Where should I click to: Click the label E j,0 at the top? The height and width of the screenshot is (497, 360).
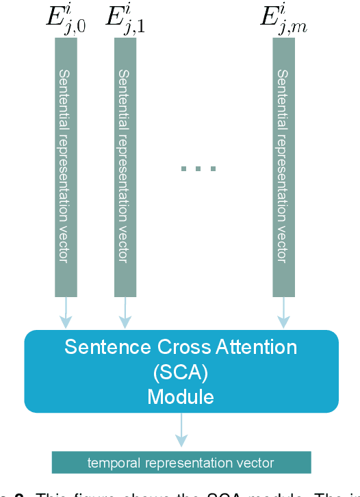pos(66,19)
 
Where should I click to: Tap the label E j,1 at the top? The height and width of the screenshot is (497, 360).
pos(125,19)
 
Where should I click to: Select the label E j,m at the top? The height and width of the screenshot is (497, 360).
pos(282,19)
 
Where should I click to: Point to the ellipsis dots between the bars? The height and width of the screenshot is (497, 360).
pos(198,168)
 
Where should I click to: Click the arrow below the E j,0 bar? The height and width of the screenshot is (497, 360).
pos(66,313)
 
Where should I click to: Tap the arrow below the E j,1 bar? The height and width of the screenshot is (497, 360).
pos(125,313)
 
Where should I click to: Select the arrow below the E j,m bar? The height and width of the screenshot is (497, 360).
pos(283,313)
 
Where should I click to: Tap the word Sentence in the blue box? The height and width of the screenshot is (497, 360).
pos(99,347)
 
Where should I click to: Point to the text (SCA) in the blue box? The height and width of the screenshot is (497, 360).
pos(181,372)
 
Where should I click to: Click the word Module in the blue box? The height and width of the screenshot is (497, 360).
pos(181,397)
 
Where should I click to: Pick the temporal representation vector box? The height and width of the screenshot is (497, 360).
pos(181,462)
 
